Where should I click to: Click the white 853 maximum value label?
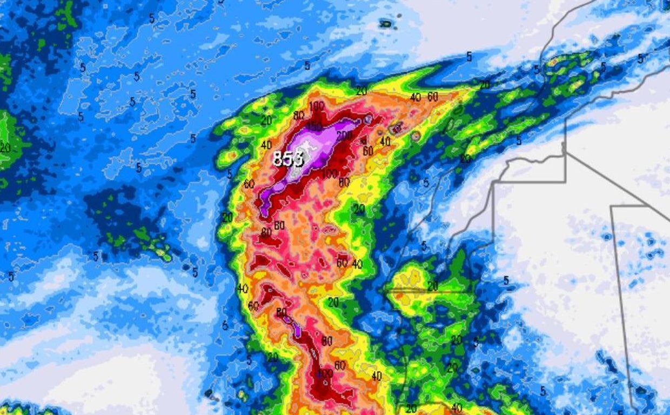[x=288, y=159]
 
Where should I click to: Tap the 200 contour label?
[x=344, y=135]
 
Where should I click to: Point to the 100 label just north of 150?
[x=317, y=106]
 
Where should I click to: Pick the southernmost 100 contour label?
[x=325, y=373]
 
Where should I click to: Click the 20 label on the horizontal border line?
[x=432, y=287]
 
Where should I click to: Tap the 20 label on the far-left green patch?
[x=5, y=147]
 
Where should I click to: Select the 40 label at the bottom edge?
[x=456, y=408]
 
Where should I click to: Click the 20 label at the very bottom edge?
[x=411, y=409]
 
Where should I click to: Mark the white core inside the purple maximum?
[x=305, y=149]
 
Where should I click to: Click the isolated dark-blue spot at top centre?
[x=386, y=23]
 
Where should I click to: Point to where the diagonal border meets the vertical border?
[x=566, y=153]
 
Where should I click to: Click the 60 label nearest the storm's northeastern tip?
[x=432, y=97]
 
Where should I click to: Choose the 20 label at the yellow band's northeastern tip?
[x=484, y=84]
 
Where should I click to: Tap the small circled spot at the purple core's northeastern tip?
[x=368, y=119]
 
